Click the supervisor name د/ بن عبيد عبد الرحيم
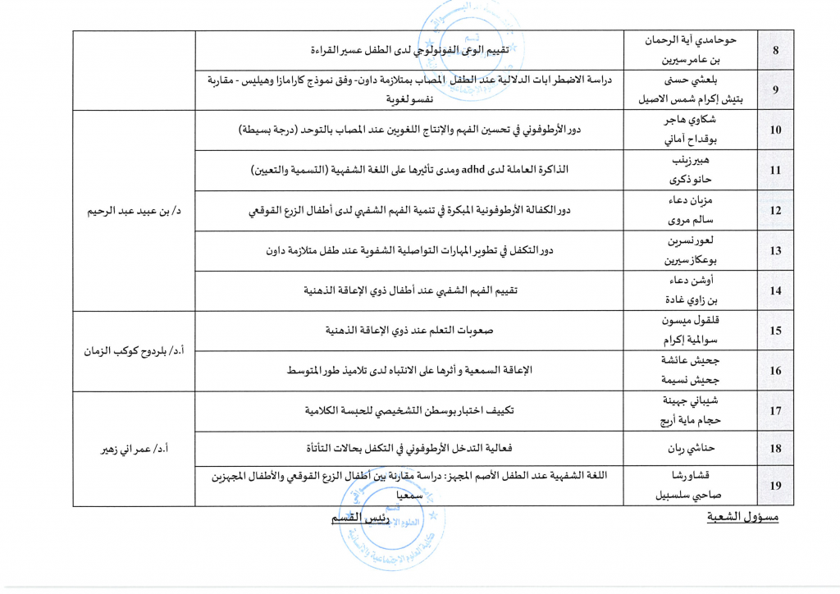point(135,211)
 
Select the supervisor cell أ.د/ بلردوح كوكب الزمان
point(135,350)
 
